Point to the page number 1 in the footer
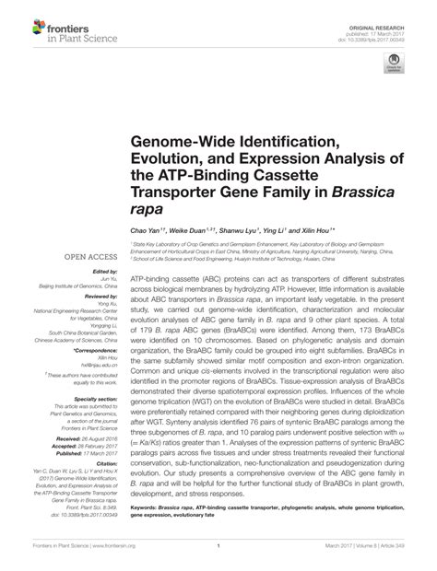[x=218, y=559]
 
